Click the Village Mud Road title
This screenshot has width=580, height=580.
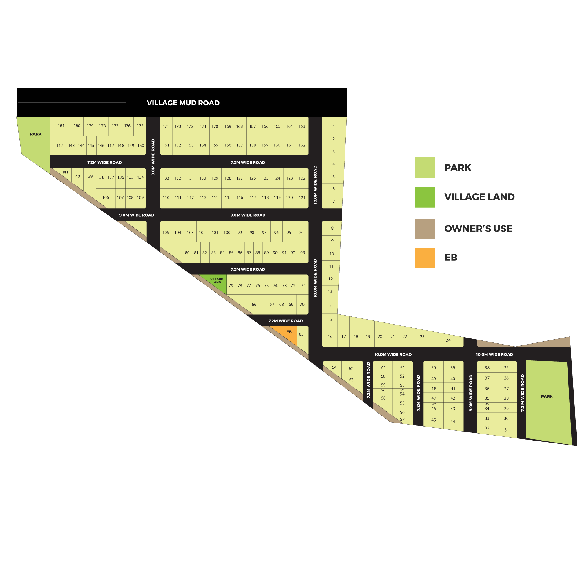[183, 103]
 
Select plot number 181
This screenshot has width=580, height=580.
[61, 126]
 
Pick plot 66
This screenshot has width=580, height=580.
[254, 304]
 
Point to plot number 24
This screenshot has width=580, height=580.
[448, 340]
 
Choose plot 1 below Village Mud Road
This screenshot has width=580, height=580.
[333, 126]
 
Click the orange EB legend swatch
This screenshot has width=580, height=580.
[425, 258]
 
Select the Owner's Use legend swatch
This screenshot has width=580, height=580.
[425, 229]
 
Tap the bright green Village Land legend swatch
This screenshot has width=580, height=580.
[425, 197]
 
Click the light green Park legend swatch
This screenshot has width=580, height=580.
[425, 167]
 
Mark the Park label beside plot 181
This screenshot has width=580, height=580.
[35, 134]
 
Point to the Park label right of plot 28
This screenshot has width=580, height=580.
[547, 396]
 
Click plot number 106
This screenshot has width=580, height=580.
[105, 197]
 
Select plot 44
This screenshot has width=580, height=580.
[453, 421]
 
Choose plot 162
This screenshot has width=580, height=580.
[302, 145]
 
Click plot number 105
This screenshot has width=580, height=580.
[166, 233]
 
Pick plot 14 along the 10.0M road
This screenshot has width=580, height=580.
[330, 306]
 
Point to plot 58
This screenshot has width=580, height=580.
[383, 398]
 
